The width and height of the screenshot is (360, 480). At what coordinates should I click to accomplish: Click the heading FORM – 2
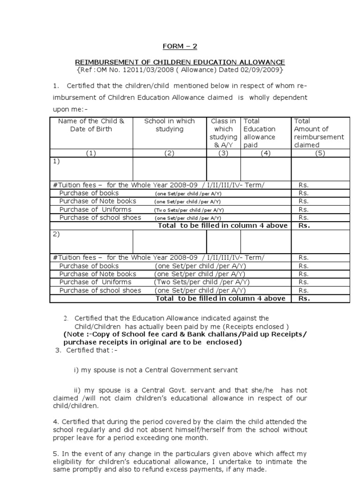point(180,46)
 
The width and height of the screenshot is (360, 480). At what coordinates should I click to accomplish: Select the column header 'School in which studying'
point(169,125)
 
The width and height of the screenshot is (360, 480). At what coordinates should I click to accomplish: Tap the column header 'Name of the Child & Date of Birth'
point(91,125)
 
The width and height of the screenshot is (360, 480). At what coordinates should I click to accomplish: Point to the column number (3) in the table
point(223,153)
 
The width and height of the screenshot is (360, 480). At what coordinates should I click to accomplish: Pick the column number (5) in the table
point(320,153)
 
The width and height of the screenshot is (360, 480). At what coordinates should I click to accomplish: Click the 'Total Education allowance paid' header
point(259,133)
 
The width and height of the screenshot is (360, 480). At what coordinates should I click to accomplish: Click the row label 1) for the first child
point(56,161)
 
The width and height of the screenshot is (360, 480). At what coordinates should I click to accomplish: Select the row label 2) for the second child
point(56,234)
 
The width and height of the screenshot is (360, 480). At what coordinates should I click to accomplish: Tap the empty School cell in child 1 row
point(169,169)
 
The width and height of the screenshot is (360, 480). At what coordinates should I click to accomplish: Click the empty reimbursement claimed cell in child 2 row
point(320,242)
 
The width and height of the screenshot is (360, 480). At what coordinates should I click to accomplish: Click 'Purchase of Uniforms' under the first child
point(95,210)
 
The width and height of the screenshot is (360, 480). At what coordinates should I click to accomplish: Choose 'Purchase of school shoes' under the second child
point(100,290)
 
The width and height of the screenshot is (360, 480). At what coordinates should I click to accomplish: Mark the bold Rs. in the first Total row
point(304,225)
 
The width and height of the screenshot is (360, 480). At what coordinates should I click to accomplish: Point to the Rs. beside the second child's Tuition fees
point(304,257)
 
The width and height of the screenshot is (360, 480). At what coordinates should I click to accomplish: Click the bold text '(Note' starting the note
point(74,334)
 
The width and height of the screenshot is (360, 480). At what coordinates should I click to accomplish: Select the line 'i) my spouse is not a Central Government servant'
point(156,370)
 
